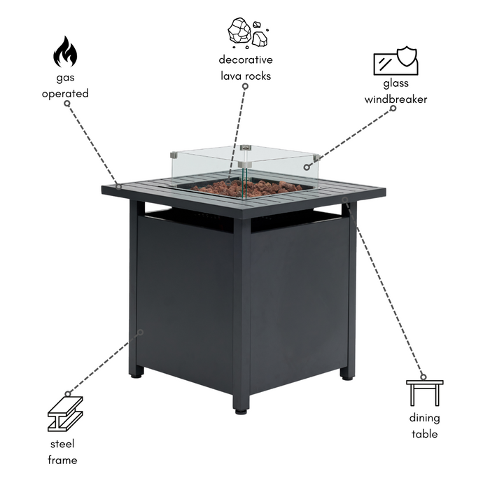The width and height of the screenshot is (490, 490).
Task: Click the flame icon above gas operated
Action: [65, 52]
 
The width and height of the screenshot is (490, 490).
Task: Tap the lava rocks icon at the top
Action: [248, 33]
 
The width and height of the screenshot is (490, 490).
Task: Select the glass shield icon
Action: [395, 61]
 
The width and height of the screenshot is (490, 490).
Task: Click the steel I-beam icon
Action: [65, 414]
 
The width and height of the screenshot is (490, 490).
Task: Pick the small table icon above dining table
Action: [424, 393]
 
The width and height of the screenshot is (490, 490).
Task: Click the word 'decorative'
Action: [246, 59]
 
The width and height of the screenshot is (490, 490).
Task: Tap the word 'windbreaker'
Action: [395, 99]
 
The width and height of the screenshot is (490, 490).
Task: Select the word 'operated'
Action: [65, 94]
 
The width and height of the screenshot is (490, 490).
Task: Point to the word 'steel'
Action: [62, 444]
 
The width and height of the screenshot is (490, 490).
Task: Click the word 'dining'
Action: [424, 418]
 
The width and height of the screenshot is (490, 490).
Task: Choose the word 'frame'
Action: [62, 460]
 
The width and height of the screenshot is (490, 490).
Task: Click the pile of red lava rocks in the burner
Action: [247, 188]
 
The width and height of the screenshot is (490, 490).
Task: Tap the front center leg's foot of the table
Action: [241, 412]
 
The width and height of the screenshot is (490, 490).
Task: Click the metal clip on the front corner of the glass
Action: [244, 164]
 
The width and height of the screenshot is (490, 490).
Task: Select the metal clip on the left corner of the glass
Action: [174, 155]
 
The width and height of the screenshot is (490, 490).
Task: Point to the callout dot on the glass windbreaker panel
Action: [307, 167]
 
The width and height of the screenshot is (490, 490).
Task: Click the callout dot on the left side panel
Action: [141, 332]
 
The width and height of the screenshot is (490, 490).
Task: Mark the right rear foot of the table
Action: [346, 377]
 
